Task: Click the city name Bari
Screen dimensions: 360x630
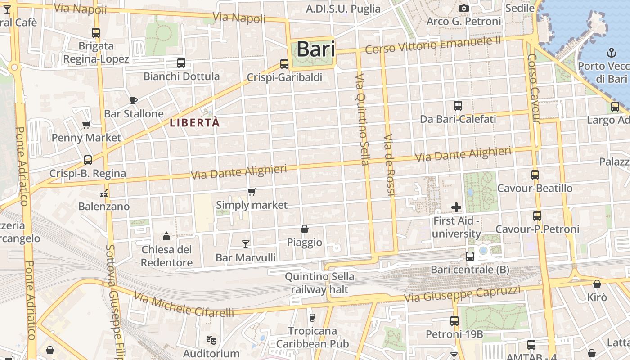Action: point(316,49)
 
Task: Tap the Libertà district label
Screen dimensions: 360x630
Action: point(195,122)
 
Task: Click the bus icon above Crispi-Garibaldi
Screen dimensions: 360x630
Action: point(284,64)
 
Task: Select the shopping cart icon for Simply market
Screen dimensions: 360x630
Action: point(252,192)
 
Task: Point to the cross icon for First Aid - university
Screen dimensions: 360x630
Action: point(456,207)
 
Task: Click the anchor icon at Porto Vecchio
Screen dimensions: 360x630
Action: point(611,53)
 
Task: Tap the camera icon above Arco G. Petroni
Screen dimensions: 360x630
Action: point(464,9)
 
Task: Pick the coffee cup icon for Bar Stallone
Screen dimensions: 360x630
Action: point(133,100)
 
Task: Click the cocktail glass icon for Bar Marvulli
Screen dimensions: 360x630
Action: point(245,244)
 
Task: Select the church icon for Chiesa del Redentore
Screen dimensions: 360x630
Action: point(166,236)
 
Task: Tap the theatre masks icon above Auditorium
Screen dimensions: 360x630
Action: point(211,340)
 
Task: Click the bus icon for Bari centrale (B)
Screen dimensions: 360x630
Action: point(470,256)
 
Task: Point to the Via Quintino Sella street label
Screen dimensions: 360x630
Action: point(362,119)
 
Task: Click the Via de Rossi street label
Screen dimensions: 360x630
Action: point(389,164)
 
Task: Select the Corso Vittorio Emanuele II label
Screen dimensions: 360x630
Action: point(433,45)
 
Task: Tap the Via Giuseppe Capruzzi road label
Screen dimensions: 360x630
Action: point(462,294)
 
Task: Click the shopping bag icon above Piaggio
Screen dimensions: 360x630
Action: point(305,229)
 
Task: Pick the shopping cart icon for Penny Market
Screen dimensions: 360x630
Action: point(86,125)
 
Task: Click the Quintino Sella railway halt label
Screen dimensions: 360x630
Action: point(319,283)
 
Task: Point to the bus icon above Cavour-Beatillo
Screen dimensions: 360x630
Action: point(535,175)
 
